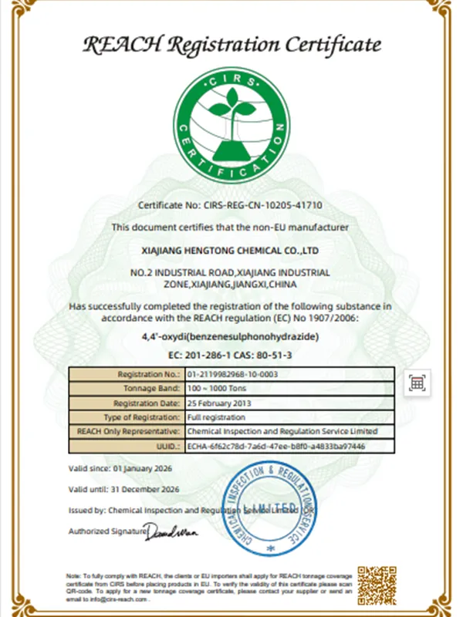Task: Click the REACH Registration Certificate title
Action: click(x=231, y=44)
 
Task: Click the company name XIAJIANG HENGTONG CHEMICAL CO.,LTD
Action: click(x=231, y=251)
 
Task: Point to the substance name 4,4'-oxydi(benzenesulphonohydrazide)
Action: click(x=231, y=337)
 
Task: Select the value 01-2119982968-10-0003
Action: click(x=232, y=373)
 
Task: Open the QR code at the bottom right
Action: click(x=376, y=585)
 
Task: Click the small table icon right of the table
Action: click(x=417, y=383)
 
